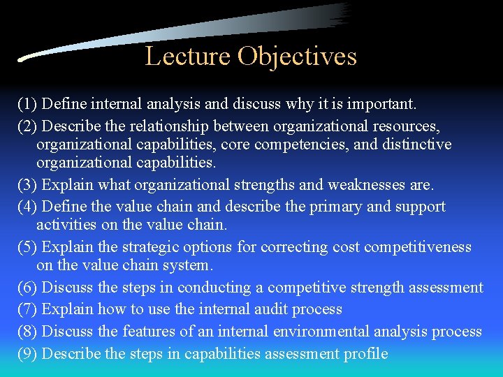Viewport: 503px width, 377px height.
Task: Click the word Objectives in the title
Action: coord(297,56)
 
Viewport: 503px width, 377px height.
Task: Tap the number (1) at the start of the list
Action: coord(27,104)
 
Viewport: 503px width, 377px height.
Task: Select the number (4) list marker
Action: coord(27,207)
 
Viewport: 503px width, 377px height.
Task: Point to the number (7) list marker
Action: coord(27,309)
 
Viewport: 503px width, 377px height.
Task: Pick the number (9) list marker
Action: coord(27,353)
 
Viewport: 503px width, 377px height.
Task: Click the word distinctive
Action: coord(417,145)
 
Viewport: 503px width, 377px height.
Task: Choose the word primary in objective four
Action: coord(326,207)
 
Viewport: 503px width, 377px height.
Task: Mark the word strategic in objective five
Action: coord(152,247)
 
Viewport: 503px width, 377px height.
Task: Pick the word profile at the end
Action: coord(365,353)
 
